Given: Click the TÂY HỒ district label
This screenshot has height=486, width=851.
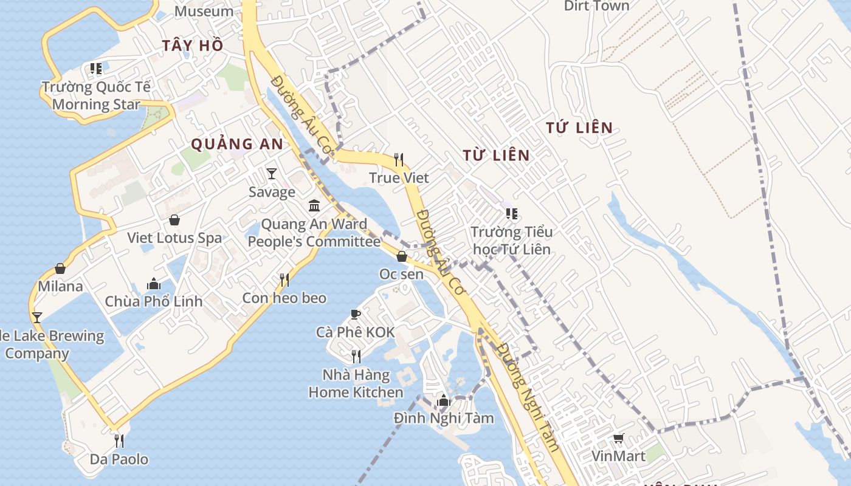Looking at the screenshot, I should pyautogui.click(x=193, y=46).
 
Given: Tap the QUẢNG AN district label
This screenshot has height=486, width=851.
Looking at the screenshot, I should pyautogui.click(x=237, y=144).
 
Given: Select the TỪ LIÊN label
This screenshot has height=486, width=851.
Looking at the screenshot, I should pyautogui.click(x=496, y=156).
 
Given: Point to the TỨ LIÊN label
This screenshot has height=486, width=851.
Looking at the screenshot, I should pyautogui.click(x=579, y=128).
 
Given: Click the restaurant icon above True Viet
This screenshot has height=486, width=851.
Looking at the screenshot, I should pyautogui.click(x=399, y=160).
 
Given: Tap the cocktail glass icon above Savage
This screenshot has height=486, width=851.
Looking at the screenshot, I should pyautogui.click(x=272, y=174).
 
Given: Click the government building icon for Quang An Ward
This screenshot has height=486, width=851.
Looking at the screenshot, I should pyautogui.click(x=314, y=206).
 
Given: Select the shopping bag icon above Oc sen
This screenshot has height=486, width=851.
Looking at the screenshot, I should pyautogui.click(x=401, y=256).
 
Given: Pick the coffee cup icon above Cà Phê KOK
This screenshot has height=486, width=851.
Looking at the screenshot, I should pyautogui.click(x=356, y=314).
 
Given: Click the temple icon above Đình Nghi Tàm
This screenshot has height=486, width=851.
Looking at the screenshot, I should pyautogui.click(x=443, y=400).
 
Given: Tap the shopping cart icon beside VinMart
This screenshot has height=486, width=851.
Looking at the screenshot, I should pyautogui.click(x=619, y=438).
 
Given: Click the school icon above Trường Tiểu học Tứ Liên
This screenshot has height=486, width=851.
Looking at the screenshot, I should pyautogui.click(x=512, y=214).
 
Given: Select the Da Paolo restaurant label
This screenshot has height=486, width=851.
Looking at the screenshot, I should pyautogui.click(x=119, y=459).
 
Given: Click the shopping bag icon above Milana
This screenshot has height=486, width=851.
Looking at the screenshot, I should pyautogui.click(x=60, y=269).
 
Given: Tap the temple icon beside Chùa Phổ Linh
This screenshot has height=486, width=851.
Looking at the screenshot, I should pyautogui.click(x=153, y=284).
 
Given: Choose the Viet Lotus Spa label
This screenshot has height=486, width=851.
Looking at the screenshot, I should pyautogui.click(x=174, y=238).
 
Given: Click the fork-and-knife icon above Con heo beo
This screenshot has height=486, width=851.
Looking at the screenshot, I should pyautogui.click(x=284, y=280).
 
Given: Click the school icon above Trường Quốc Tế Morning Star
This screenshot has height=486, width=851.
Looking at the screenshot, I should pyautogui.click(x=96, y=69).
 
